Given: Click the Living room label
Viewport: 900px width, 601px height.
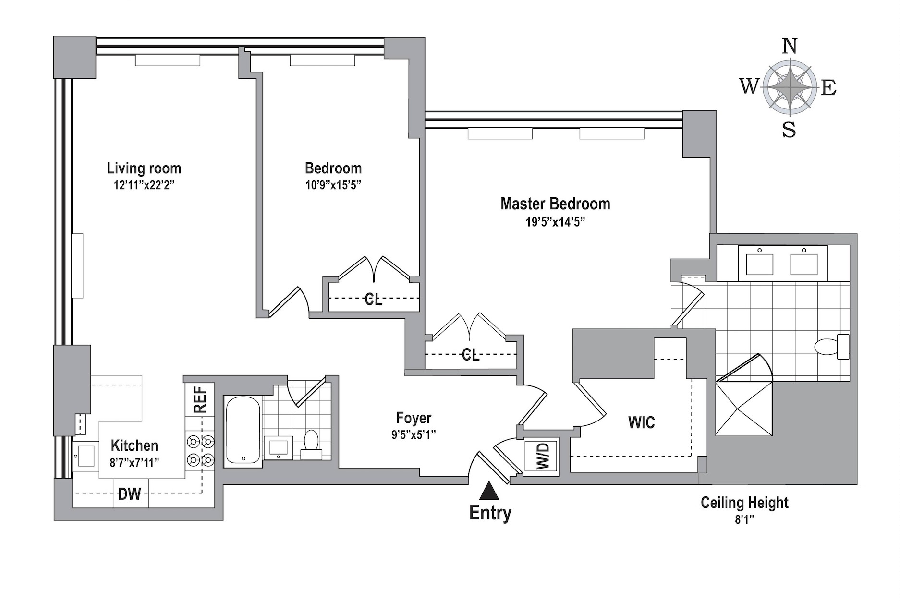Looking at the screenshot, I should click(144, 168).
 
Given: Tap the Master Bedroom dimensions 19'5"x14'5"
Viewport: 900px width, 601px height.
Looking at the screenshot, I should click(555, 222).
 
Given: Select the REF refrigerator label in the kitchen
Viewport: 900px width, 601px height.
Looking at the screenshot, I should click(200, 399).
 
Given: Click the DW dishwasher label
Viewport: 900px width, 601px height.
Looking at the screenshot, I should click(129, 493).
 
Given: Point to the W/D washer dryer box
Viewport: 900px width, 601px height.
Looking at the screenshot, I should click(541, 456).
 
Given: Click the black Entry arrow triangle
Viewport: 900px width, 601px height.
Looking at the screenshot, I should click(489, 492).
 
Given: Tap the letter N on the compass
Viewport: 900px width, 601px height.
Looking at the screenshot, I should click(790, 47).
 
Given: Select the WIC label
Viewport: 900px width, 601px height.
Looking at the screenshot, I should click(641, 422).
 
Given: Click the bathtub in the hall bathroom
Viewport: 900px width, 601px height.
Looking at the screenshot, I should click(243, 430).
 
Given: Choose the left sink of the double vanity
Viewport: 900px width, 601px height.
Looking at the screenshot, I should click(759, 264).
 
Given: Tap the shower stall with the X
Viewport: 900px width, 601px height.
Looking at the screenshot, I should click(744, 409).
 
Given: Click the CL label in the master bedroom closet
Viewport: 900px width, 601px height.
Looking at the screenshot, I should click(470, 355).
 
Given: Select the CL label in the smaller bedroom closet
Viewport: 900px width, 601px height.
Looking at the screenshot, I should click(373, 299).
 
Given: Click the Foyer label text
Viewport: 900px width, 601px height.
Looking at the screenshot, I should click(414, 418).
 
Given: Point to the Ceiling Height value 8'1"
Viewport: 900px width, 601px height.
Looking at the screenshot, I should click(744, 519).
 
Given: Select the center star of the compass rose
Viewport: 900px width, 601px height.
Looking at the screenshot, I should click(790, 87).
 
